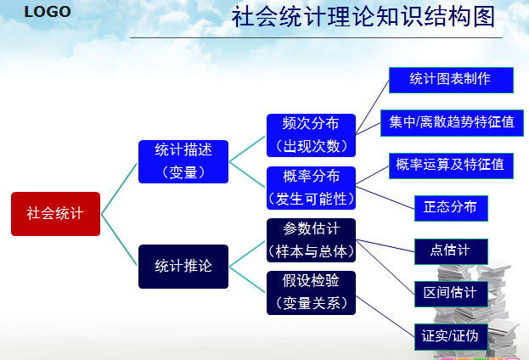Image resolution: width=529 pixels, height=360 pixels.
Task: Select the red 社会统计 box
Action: [x=55, y=214]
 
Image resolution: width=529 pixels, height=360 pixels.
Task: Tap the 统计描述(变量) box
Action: [x=183, y=160]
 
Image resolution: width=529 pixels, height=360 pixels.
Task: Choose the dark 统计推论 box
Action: [x=183, y=266]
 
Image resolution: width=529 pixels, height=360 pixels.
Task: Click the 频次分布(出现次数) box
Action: [x=311, y=135]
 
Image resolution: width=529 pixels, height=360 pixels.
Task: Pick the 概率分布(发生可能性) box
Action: [x=311, y=188]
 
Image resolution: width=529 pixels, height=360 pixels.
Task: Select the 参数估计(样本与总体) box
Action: [x=311, y=240]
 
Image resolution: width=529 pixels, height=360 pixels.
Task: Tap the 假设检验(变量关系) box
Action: [x=311, y=292]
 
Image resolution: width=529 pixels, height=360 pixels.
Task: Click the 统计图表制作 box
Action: [x=451, y=80]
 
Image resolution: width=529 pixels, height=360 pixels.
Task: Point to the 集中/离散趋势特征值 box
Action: [x=452, y=122]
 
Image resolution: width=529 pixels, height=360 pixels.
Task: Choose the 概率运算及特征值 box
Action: [x=450, y=165]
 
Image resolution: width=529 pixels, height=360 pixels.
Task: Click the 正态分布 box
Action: [x=451, y=207]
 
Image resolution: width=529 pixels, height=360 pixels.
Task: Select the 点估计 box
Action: [x=452, y=251]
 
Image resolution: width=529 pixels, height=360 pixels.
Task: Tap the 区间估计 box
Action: [x=451, y=294]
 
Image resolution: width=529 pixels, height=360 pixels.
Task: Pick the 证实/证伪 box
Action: [x=450, y=336]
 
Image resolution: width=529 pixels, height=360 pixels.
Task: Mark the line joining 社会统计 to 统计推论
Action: [x=120, y=240]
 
